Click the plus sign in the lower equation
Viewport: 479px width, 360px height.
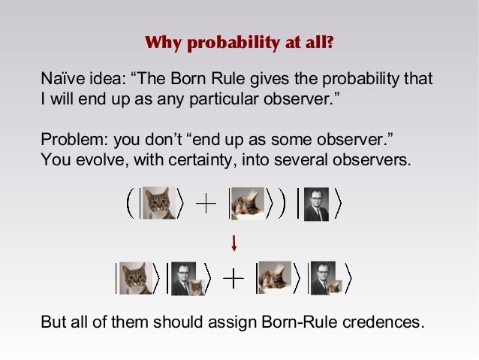(x=234, y=279)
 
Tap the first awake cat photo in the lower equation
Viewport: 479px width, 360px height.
(x=135, y=278)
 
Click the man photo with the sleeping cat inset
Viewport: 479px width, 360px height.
(x=325, y=278)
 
